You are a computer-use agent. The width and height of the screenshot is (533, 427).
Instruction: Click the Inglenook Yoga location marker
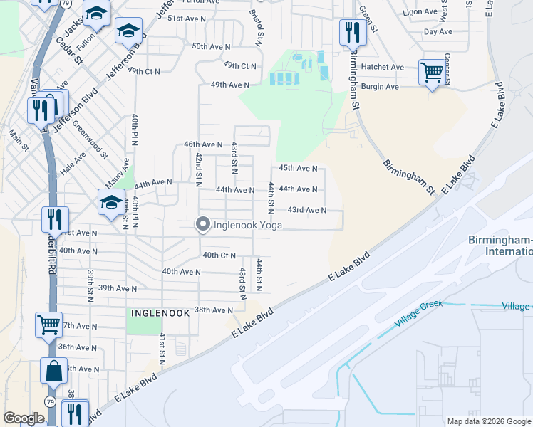202,225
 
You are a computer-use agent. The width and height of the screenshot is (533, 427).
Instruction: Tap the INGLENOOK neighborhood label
160,312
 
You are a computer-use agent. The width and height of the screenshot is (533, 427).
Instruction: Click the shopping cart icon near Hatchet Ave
432,72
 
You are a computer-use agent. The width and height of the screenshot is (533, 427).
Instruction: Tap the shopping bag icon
54,371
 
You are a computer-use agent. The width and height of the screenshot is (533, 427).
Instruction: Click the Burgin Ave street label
378,87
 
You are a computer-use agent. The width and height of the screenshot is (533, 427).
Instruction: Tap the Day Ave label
438,32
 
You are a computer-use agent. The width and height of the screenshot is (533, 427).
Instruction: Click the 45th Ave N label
297,168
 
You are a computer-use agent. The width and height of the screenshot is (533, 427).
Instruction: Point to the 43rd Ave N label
306,210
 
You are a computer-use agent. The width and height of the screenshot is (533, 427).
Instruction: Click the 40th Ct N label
219,255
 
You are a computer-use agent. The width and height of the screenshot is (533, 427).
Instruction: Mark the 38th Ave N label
214,310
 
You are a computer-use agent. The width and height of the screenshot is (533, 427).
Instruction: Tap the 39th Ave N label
117,288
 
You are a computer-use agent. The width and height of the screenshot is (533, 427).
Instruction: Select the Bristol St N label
256,24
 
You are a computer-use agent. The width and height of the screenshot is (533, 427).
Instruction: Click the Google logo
24,418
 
